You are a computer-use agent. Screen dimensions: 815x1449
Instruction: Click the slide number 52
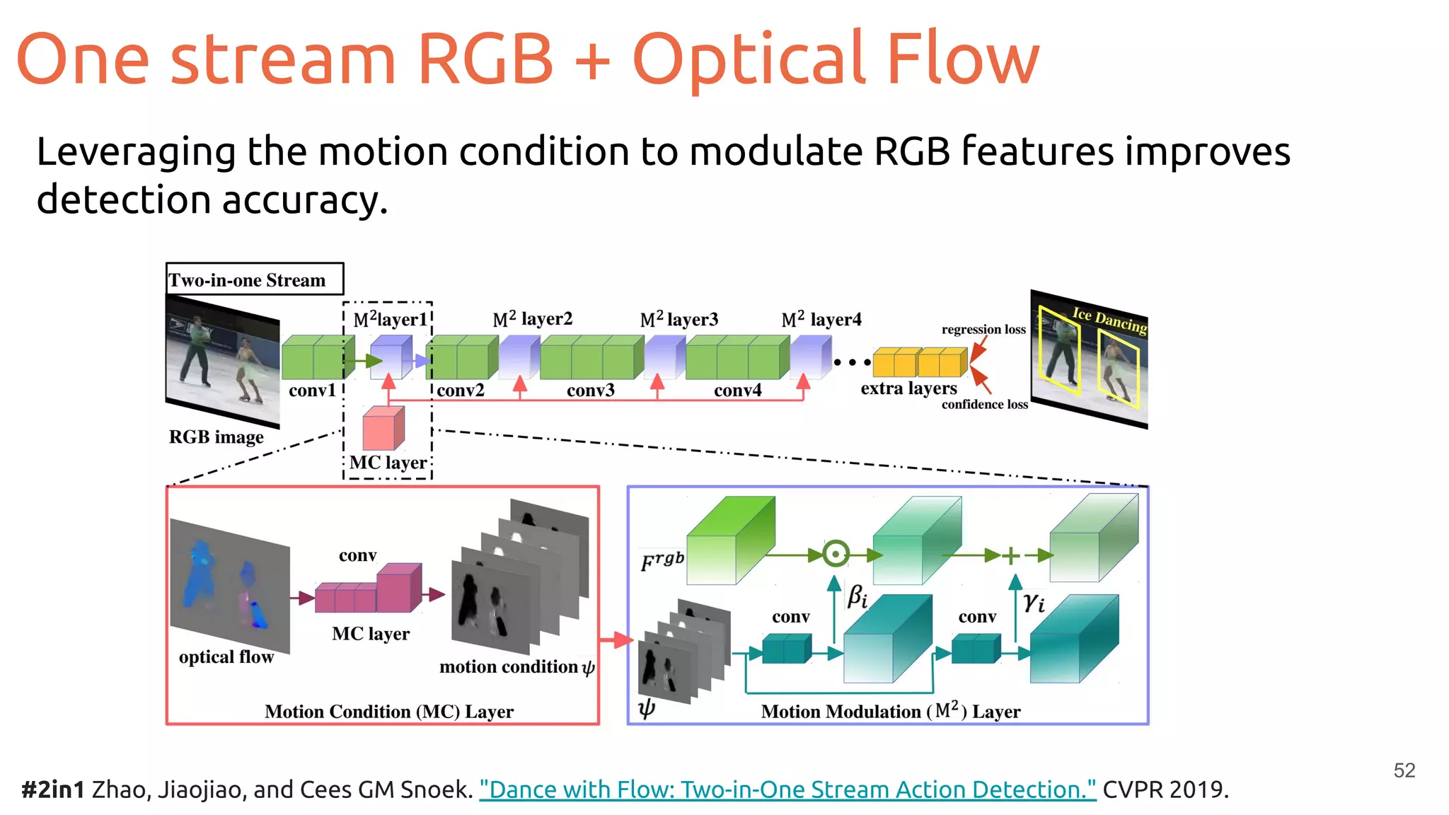pos(1404,770)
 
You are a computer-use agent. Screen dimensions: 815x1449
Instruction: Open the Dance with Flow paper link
pos(787,790)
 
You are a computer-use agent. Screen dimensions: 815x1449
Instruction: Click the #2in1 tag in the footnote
pos(52,790)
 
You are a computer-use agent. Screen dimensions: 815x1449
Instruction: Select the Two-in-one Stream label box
pos(254,279)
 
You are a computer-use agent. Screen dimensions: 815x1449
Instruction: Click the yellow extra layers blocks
pos(919,362)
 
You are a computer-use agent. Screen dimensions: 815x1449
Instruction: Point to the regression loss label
pos(983,330)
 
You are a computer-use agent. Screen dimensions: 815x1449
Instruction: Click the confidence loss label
pos(984,405)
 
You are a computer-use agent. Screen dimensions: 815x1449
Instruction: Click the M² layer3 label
pos(679,320)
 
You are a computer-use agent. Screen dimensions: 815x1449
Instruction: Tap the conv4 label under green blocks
pos(737,391)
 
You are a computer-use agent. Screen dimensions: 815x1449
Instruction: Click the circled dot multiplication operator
pos(836,554)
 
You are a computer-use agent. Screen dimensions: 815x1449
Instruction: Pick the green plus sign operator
pos(1011,555)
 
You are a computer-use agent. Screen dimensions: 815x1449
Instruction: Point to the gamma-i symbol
pos(1034,603)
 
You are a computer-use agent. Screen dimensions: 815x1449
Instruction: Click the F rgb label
pos(662,561)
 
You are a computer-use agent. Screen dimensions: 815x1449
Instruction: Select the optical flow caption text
pos(226,657)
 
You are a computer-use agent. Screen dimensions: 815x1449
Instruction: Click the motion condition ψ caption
pos(516,667)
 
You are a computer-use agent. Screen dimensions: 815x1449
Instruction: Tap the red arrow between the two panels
pos(615,640)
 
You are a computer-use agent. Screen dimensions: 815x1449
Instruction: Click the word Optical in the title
pos(749,60)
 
